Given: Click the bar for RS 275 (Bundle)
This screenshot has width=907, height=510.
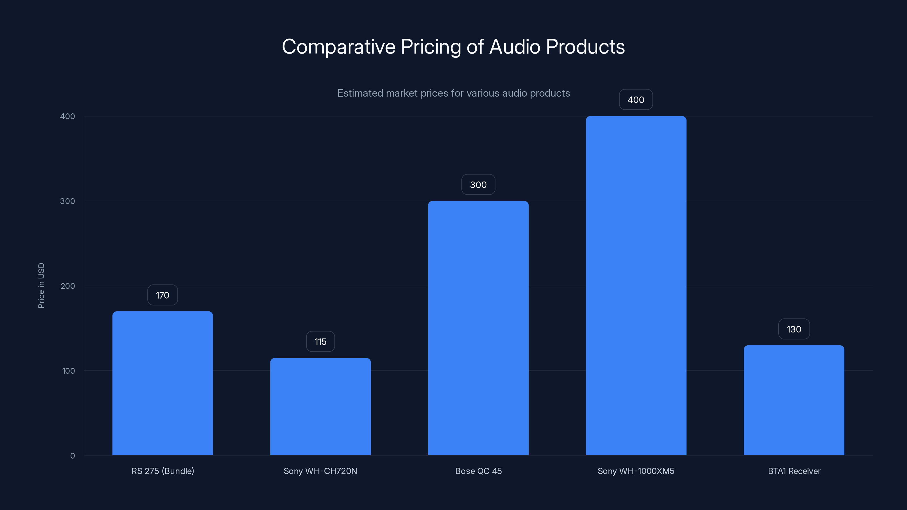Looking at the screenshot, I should (x=162, y=384).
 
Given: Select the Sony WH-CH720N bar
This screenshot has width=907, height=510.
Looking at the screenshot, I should (x=320, y=407).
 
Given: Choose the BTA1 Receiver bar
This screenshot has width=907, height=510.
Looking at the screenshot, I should (x=794, y=401).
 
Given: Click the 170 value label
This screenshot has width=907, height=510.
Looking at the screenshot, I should (x=162, y=295).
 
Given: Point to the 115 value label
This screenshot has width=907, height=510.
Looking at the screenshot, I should (x=320, y=342).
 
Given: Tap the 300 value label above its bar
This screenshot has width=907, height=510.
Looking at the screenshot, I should (x=478, y=185).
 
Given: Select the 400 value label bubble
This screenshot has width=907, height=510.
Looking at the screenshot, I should (x=636, y=100).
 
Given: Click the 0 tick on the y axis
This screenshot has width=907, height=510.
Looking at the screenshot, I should (x=73, y=456).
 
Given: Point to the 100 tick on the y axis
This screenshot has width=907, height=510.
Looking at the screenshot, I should (x=68, y=371).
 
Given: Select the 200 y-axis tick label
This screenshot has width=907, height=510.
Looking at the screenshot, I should (x=68, y=286).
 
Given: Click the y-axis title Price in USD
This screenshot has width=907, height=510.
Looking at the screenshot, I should (x=41, y=285).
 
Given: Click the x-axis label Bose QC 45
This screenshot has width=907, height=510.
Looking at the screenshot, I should (x=478, y=471).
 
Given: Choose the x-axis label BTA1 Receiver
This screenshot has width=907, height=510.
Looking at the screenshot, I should (x=794, y=471).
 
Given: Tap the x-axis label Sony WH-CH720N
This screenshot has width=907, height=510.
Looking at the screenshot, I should (x=320, y=471).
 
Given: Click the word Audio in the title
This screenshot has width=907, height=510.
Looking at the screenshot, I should (x=514, y=47).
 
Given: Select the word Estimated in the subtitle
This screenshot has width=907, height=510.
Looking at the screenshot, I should (x=360, y=93).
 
